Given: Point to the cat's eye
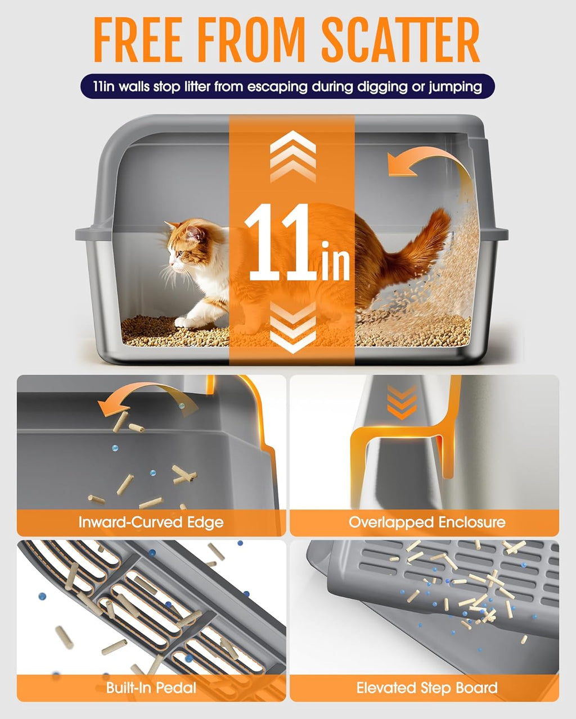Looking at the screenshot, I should click(x=178, y=254).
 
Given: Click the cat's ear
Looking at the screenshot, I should click(x=195, y=232).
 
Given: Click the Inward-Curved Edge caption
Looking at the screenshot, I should click(x=151, y=522).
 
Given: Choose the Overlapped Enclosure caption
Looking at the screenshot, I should click(x=426, y=522).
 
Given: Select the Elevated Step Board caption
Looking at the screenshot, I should click(x=426, y=688).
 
